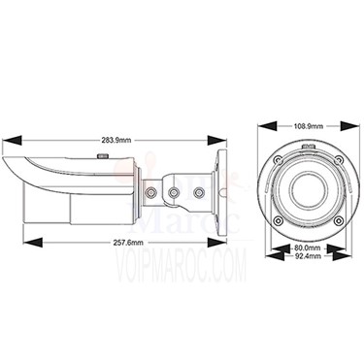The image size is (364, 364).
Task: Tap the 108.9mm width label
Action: (309, 126)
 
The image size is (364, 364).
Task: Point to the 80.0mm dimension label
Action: (308, 248)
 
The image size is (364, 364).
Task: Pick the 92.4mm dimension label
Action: (308, 256)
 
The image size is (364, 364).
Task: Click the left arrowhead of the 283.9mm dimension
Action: (12, 140)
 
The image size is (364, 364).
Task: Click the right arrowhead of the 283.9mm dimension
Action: (217, 140)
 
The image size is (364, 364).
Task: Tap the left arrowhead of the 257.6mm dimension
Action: (33, 243)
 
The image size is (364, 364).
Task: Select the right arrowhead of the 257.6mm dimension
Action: (217, 243)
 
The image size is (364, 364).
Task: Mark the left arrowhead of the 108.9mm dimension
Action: (267, 126)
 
